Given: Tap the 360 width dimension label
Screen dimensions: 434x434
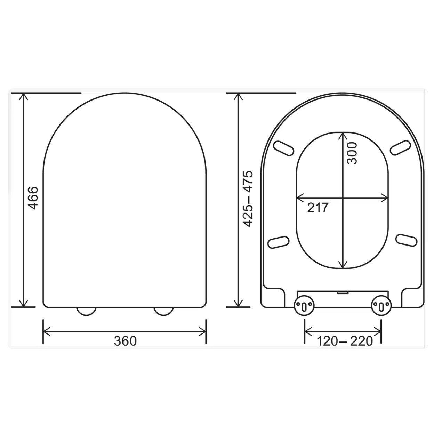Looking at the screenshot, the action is (x=125, y=341).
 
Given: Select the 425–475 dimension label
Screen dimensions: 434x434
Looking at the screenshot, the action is (x=248, y=199).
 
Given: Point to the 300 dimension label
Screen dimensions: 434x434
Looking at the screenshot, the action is (x=352, y=153).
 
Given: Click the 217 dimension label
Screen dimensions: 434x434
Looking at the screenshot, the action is (x=318, y=208).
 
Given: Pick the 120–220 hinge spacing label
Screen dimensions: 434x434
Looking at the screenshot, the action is (x=345, y=341).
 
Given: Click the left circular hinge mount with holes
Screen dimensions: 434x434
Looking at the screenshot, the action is (x=304, y=306).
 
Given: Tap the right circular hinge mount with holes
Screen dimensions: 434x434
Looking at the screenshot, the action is (x=381, y=306).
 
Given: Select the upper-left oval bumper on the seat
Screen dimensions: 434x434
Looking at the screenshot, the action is (x=283, y=148).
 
